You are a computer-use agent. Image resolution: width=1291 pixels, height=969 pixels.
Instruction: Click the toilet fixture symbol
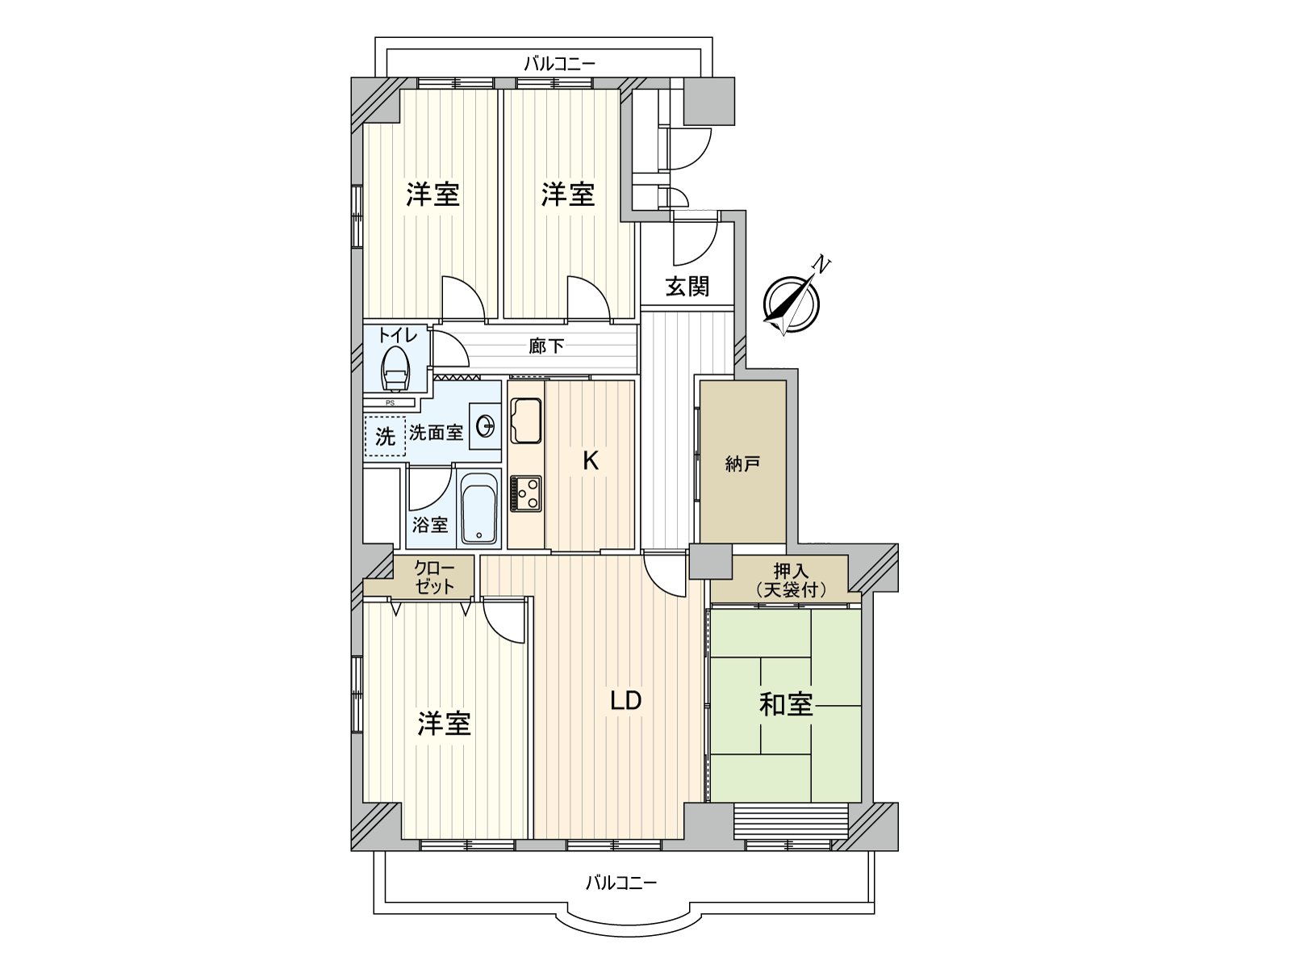pos(395,369)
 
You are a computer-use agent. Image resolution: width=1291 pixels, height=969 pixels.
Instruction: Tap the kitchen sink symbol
pos(526,421)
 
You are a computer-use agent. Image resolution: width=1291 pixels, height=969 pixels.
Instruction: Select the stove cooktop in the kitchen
pos(526,493)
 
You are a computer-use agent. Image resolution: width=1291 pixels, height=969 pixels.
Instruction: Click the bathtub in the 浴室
pos(478,509)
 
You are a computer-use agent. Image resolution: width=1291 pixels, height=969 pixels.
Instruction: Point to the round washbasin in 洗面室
pos(485,426)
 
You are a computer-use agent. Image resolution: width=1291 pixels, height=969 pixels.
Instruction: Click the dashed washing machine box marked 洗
pos(385,436)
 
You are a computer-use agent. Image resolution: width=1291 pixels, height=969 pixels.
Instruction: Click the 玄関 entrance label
pos(687,287)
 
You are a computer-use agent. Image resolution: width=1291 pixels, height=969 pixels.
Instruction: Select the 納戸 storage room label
pos(742,464)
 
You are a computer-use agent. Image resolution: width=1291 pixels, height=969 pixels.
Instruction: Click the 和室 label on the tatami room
pos(786,704)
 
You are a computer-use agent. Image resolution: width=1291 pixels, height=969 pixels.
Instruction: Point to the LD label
pos(625,700)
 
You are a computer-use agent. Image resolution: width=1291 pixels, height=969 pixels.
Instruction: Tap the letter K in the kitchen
pos(591,460)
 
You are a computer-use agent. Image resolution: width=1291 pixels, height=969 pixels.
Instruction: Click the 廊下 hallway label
pos(546,346)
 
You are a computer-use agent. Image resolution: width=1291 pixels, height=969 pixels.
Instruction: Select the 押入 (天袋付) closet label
pos(791,581)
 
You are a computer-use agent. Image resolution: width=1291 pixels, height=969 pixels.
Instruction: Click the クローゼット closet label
pos(435,577)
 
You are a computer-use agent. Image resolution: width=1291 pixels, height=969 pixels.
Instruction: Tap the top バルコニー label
pos(559,63)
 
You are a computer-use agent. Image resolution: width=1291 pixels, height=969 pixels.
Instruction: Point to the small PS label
pos(390,403)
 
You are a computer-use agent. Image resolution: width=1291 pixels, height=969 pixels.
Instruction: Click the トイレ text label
pos(397,335)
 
